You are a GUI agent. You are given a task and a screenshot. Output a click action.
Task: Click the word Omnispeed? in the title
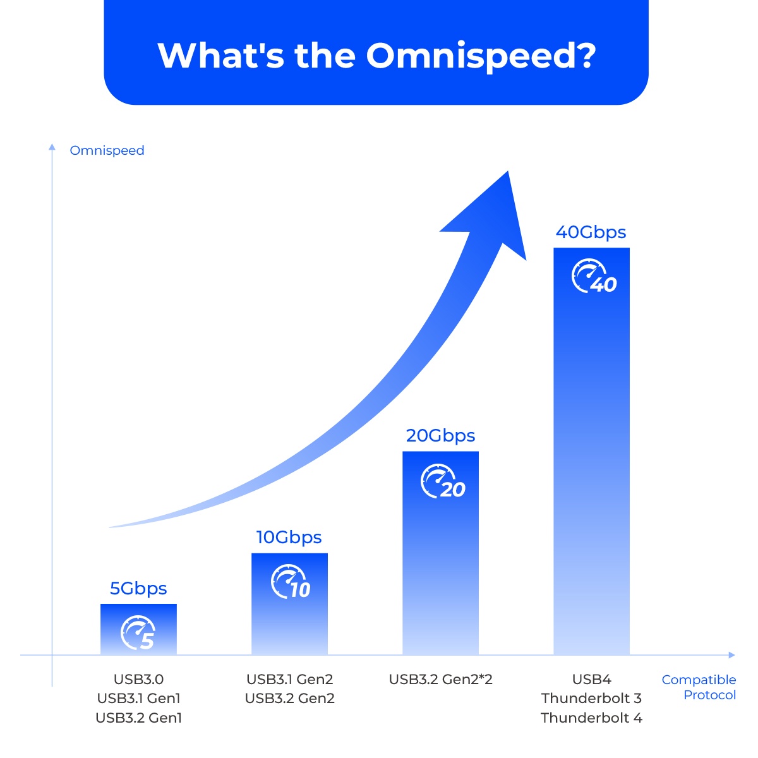tap(481, 56)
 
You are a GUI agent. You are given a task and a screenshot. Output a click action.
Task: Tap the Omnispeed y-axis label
tap(107, 150)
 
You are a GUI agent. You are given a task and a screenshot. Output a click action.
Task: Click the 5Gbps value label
tap(138, 589)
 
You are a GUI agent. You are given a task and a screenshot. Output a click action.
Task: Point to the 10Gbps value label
tap(289, 538)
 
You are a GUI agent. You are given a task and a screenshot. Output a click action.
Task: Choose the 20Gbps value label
tap(440, 436)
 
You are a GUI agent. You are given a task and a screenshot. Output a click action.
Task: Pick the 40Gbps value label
tap(591, 232)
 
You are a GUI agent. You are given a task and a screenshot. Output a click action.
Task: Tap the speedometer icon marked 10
tap(291, 581)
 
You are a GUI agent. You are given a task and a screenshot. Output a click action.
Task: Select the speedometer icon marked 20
tap(443, 481)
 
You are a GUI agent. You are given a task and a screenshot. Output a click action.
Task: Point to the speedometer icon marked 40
tap(594, 276)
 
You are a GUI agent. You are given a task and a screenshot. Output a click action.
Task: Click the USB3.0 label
tap(138, 679)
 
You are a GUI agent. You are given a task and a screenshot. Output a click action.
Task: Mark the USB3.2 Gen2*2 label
tap(440, 679)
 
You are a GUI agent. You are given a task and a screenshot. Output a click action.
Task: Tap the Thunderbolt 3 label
tap(591, 698)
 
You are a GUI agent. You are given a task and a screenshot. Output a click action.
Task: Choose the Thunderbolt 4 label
tap(591, 718)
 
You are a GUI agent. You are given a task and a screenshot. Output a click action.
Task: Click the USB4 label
tap(592, 679)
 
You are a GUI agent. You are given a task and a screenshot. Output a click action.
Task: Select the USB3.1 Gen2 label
tap(289, 679)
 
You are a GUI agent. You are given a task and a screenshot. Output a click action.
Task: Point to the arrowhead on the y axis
tap(52, 147)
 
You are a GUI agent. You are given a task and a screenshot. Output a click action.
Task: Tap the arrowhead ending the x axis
tap(731, 655)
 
